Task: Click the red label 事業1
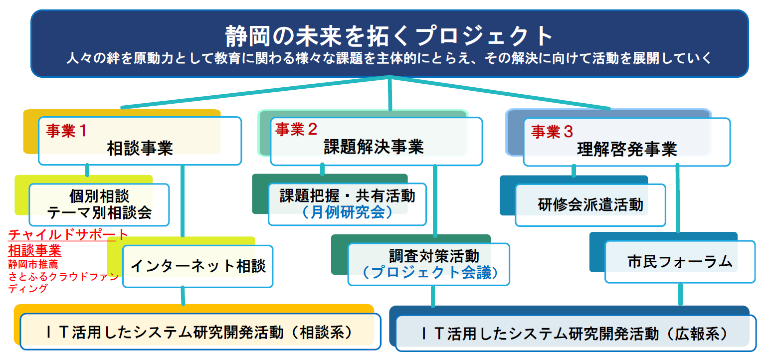(66, 131)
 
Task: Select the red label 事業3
(552, 132)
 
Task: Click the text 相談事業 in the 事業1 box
(140, 148)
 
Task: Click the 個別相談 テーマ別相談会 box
(99, 204)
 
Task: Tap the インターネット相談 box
(197, 266)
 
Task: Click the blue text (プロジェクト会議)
(428, 273)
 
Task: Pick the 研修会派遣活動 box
(590, 205)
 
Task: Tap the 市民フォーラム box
(680, 261)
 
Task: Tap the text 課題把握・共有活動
(347, 195)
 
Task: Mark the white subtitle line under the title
(389, 58)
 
